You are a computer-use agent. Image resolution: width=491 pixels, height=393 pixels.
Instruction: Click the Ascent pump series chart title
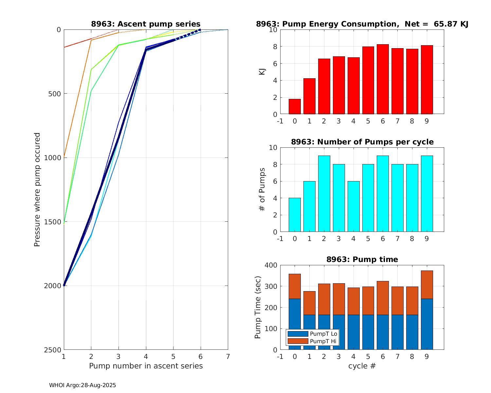(x=146, y=24)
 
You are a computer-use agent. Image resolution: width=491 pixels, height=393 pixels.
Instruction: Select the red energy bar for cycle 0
(x=295, y=107)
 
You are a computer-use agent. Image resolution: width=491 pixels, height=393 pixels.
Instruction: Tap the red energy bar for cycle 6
(x=383, y=79)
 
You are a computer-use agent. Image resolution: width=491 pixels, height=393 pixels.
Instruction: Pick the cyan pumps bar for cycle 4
(x=353, y=207)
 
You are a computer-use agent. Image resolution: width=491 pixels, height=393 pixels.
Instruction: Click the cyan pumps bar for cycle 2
(x=324, y=194)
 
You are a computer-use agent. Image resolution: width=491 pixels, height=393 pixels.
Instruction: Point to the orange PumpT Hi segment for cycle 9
(x=427, y=285)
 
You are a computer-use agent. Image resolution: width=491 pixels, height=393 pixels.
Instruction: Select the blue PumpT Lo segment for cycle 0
(x=295, y=324)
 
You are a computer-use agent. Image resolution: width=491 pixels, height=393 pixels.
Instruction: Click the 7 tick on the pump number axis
(x=228, y=356)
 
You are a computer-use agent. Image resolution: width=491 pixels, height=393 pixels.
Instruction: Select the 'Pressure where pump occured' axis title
(x=37, y=190)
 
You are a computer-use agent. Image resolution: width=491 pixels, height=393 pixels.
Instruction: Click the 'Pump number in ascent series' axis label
(x=146, y=366)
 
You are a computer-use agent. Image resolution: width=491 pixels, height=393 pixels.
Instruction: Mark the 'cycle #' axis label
(x=362, y=366)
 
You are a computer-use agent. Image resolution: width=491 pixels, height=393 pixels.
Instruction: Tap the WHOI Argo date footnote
(x=82, y=385)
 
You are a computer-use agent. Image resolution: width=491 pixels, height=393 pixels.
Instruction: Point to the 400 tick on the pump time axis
(x=272, y=265)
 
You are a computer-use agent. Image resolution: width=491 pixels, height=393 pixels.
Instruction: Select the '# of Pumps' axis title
(x=262, y=190)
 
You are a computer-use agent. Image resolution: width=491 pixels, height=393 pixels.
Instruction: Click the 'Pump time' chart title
(x=362, y=259)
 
